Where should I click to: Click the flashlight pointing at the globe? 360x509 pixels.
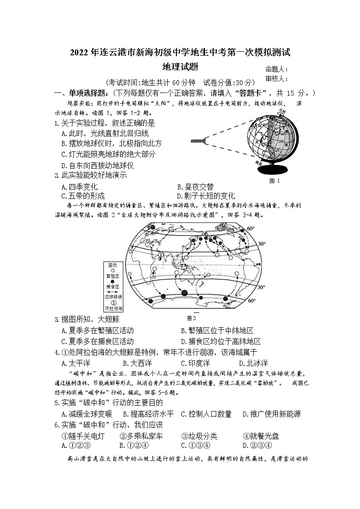point(198,141)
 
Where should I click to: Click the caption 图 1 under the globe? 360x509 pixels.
point(275,181)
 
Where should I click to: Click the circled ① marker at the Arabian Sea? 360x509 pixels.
point(160,256)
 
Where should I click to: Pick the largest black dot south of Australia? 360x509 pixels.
point(185,293)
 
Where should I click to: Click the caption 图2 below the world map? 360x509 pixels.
point(191,318)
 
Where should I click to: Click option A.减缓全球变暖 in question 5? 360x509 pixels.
point(86,414)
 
